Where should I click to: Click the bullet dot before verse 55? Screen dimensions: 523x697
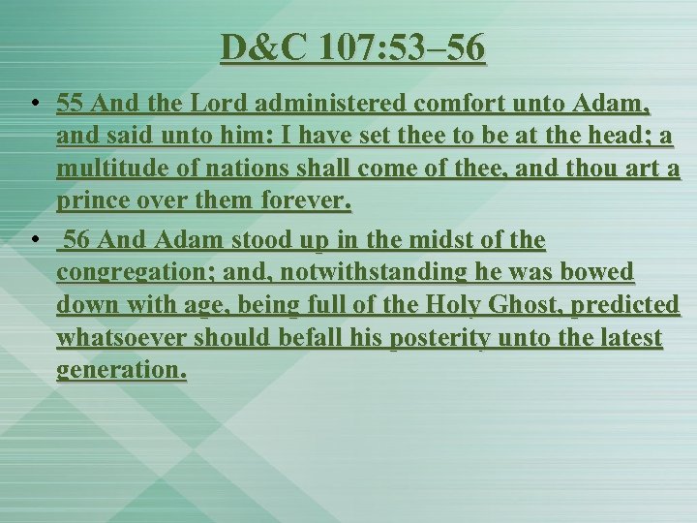(34, 102)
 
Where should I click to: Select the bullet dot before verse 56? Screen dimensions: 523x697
(34, 239)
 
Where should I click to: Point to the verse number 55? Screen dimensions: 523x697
(71, 102)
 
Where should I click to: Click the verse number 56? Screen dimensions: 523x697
(76, 239)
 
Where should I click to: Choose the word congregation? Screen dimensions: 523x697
(136, 273)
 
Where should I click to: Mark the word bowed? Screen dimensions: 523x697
(598, 273)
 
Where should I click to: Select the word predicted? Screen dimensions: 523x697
(625, 306)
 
